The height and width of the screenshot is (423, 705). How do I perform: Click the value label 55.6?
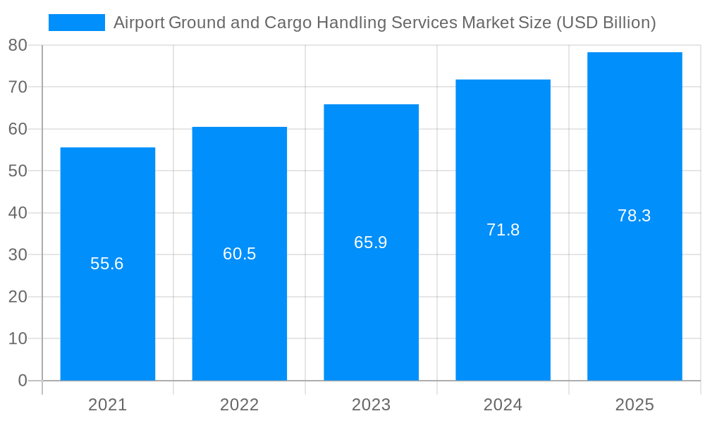click(x=107, y=264)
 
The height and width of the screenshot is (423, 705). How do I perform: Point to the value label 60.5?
click(x=239, y=254)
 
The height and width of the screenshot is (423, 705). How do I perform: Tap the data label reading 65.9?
click(x=371, y=243)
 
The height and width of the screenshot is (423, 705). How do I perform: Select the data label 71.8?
click(x=503, y=230)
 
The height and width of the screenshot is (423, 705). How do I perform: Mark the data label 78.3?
click(x=634, y=216)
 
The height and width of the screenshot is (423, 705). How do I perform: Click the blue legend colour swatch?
click(x=76, y=23)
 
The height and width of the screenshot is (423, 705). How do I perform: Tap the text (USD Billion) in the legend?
click(x=606, y=23)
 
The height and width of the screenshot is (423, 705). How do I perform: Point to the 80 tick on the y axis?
click(x=18, y=45)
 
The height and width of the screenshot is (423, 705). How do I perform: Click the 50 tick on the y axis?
click(x=18, y=171)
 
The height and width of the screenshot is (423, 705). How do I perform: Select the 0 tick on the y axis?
click(x=22, y=381)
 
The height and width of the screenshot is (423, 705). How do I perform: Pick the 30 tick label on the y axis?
click(x=18, y=255)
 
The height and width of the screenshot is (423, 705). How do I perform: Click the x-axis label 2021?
click(x=107, y=405)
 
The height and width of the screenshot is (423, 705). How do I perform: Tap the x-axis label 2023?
click(x=371, y=405)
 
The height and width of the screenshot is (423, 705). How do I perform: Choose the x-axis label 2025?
click(x=634, y=405)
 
